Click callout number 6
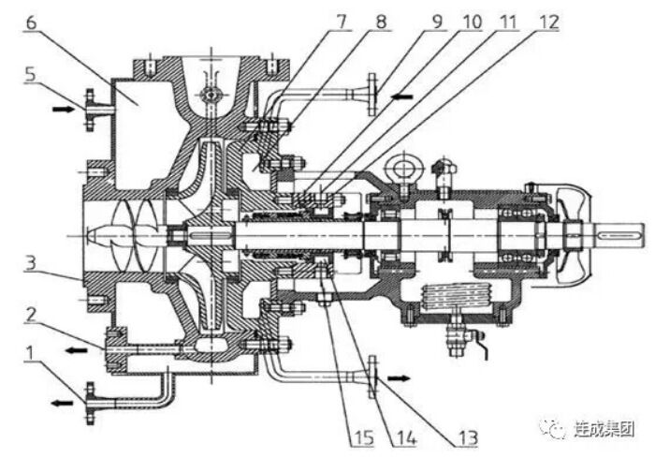point(31,22)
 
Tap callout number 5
point(30,74)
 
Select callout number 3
point(30,263)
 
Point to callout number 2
point(30,315)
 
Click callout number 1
point(29,353)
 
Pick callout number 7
point(342,22)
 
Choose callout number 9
point(437,22)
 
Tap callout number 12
point(548,22)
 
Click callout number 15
point(363,438)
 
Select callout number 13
point(468,438)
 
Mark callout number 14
point(406,438)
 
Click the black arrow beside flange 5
point(63,110)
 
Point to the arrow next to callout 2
point(77,350)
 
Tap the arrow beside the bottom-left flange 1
point(62,403)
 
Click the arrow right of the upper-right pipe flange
point(401,96)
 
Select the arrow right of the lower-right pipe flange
point(399,378)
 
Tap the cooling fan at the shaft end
point(574,235)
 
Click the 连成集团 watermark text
point(604,429)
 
